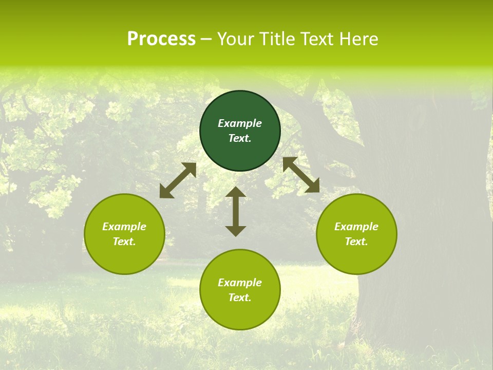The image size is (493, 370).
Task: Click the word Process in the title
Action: coord(161,39)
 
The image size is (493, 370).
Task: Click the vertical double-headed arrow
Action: coord(236,211)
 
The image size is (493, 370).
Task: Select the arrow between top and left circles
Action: coord(178,180)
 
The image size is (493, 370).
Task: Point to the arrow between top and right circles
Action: coord(301,175)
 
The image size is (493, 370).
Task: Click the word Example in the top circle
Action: coord(240,123)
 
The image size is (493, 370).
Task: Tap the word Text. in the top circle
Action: coord(240,138)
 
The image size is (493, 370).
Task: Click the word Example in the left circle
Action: coord(124,227)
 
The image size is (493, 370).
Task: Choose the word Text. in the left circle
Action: coord(124,242)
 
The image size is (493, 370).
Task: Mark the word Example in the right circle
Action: coord(356,227)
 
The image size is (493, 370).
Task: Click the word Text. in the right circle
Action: coord(356,242)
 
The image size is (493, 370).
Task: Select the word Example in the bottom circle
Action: coord(240,283)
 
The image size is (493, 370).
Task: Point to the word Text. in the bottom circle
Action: coord(240,298)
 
